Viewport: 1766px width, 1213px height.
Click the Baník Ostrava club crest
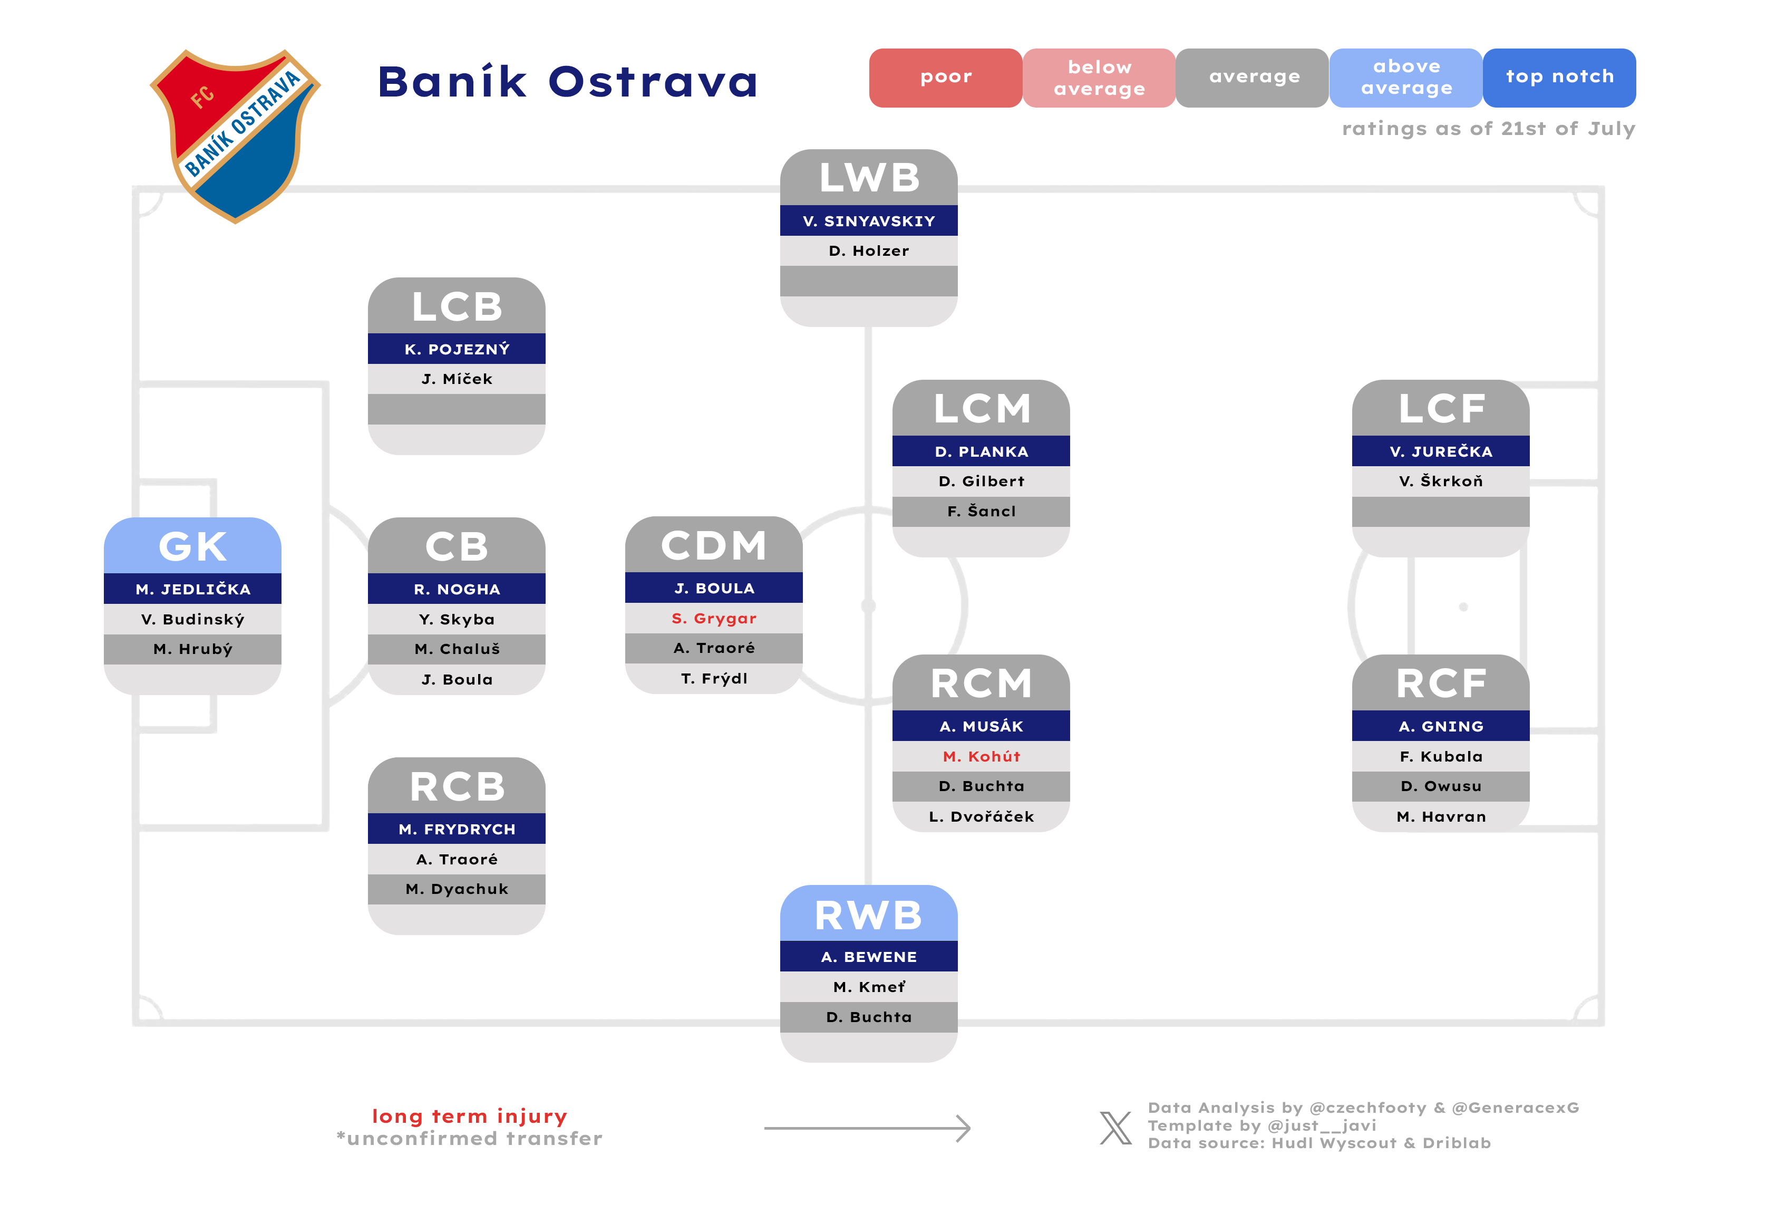tap(235, 136)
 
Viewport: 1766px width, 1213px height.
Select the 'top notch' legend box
tap(1559, 78)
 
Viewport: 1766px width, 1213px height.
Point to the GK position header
tap(192, 546)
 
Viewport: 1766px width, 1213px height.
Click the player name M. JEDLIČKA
tap(192, 589)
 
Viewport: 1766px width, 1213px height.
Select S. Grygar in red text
tap(714, 619)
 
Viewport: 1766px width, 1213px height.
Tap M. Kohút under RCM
tap(981, 756)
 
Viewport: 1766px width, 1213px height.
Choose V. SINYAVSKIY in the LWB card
tap(869, 221)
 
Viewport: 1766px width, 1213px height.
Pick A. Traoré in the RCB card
tap(457, 859)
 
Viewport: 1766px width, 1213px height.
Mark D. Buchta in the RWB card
tap(869, 1017)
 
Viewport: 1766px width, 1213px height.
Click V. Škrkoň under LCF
tap(1441, 481)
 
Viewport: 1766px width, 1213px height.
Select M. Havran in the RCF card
tap(1441, 816)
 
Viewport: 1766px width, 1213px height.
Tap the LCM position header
tap(981, 408)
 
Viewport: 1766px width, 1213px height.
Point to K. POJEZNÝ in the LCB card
tap(457, 349)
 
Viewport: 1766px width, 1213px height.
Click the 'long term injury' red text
tap(470, 1116)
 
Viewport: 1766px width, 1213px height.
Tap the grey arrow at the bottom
tap(867, 1129)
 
